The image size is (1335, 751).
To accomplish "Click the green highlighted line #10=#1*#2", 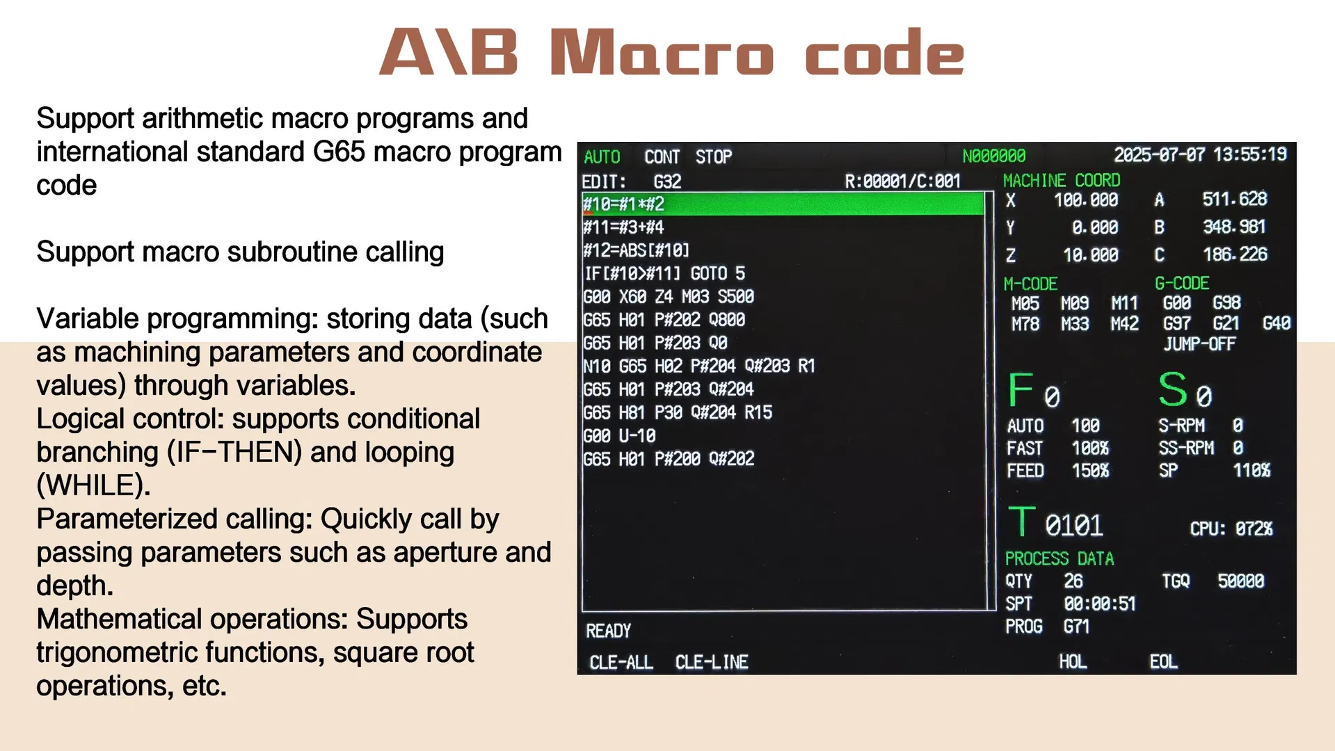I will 783,204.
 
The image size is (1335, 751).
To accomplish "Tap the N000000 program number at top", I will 993,156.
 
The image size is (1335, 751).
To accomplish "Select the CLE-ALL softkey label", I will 621,662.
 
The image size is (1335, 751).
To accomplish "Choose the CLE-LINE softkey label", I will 711,662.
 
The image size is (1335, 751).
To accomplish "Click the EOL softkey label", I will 1163,661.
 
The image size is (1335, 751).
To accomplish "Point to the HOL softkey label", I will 1072,661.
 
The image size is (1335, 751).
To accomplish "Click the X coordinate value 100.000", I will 1085,200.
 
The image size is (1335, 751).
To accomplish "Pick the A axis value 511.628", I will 1234,199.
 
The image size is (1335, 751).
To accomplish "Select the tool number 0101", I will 1073,526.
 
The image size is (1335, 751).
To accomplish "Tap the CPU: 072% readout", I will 1231,529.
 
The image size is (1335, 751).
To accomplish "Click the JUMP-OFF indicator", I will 1199,344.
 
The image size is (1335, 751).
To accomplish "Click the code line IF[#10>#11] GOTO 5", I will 664,273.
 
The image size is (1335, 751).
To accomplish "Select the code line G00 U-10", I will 619,436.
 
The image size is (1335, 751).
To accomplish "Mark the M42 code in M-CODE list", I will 1124,324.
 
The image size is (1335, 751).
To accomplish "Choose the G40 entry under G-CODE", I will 1276,323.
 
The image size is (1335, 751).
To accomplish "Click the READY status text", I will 608,631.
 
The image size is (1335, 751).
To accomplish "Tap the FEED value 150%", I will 1090,471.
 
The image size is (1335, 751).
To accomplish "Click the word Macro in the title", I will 661,53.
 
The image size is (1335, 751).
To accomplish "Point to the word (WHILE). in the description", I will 93,485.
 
